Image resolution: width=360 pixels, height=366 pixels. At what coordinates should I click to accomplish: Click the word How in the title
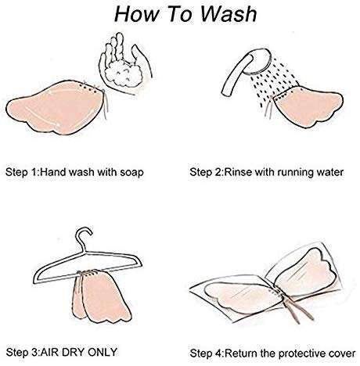click(x=136, y=14)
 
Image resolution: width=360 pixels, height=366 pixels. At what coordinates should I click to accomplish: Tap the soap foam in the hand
click(x=124, y=74)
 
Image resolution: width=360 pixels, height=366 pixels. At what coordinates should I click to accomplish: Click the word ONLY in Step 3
click(x=103, y=352)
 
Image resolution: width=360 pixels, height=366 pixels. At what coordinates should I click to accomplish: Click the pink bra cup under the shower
click(x=307, y=107)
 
